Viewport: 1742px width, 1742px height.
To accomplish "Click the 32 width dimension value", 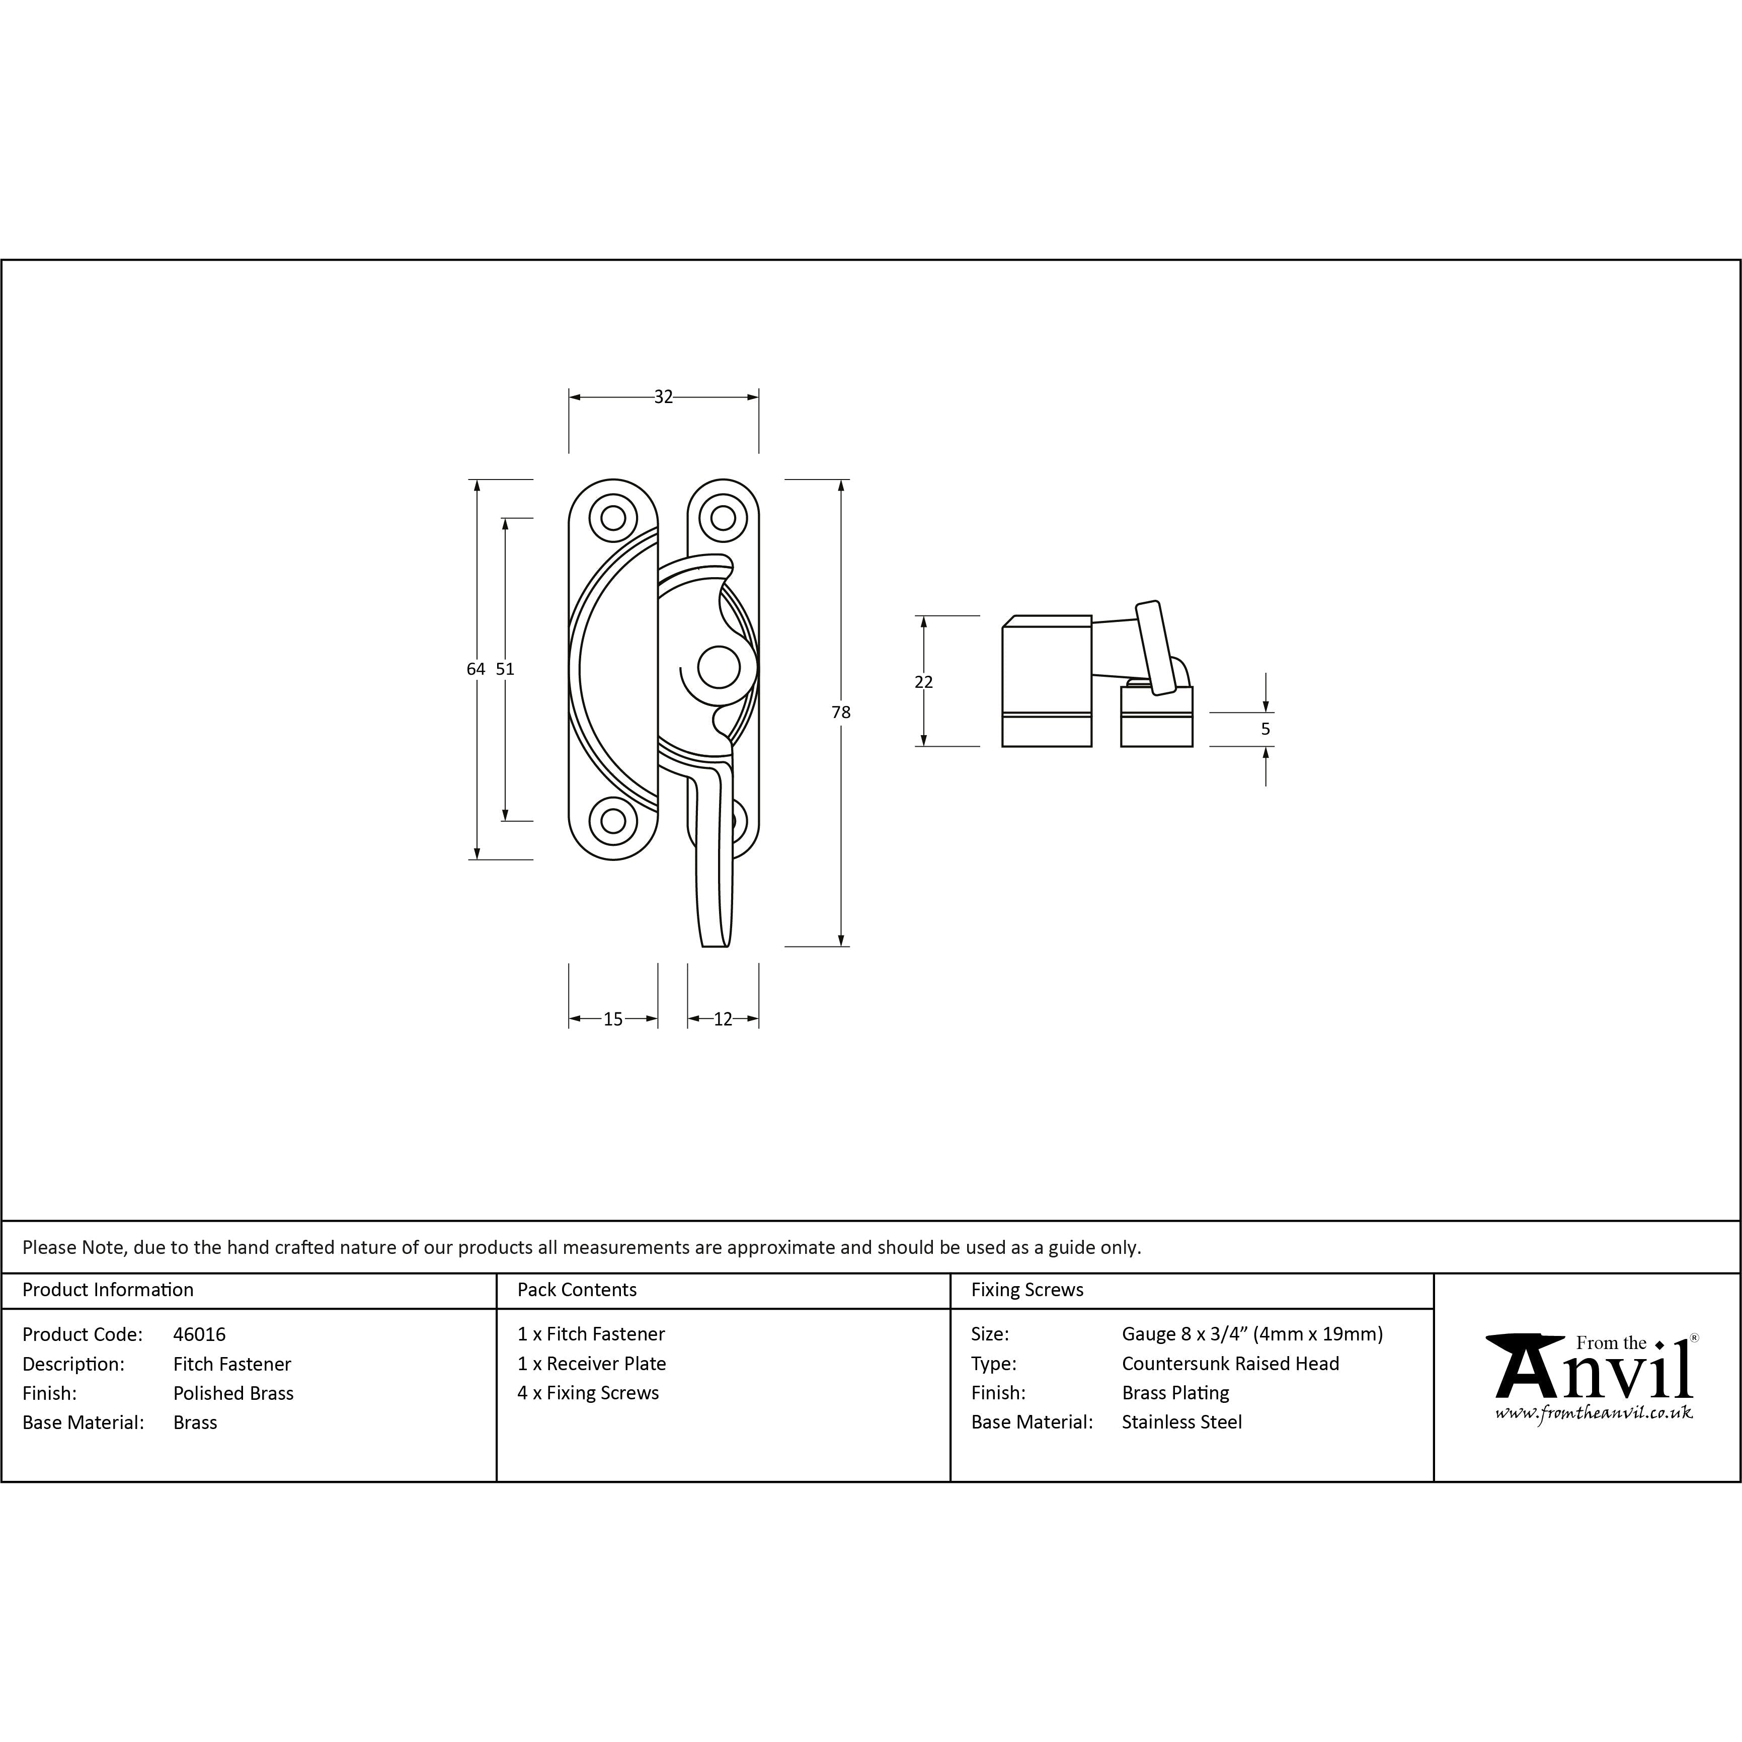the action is point(664,397).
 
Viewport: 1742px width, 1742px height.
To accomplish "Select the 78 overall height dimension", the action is point(840,712).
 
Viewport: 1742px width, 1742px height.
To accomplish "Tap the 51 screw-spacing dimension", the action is point(505,669).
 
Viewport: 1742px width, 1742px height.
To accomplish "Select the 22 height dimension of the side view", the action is point(923,682).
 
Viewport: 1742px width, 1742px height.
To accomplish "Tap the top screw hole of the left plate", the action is point(613,518).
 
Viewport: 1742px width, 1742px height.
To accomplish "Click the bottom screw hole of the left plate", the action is point(613,821).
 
